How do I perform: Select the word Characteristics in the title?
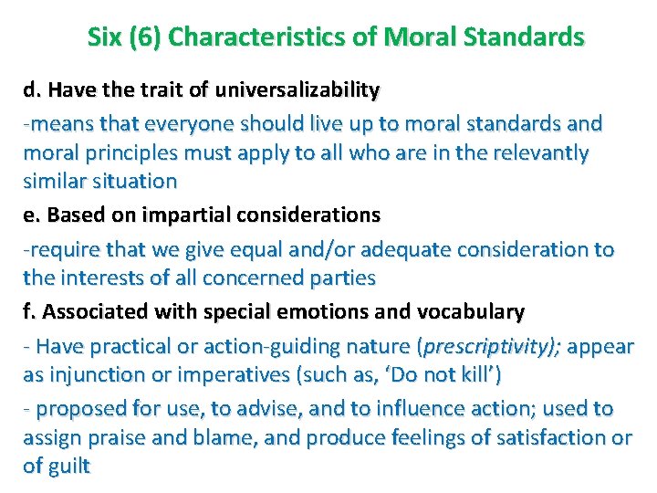pos(240,37)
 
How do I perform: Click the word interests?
pos(100,278)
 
